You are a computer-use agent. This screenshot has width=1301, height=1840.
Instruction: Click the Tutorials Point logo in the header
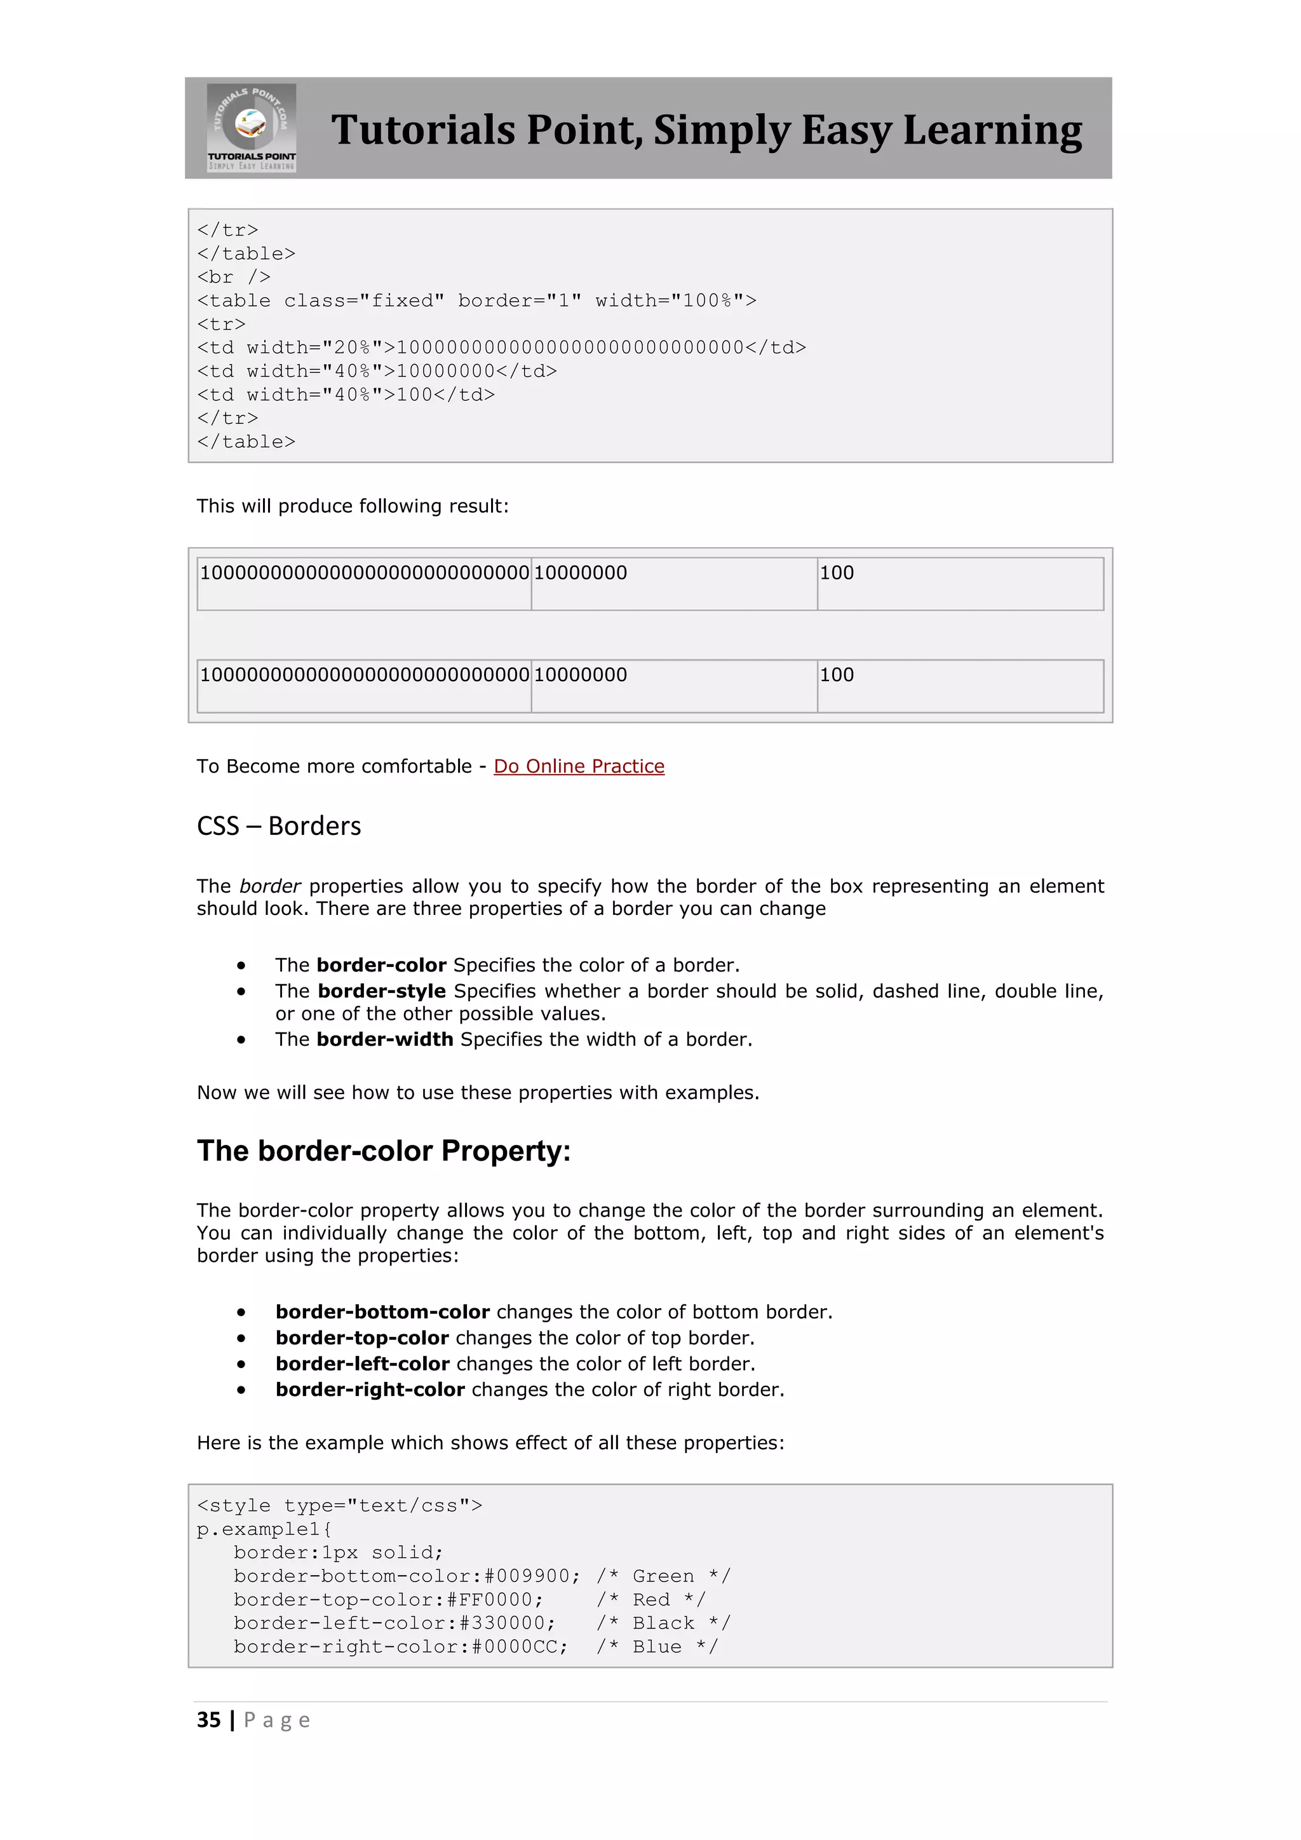pos(252,128)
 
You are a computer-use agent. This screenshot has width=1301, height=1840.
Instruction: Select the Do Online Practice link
pos(579,766)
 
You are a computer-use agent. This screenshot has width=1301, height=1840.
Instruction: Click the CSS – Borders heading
pos(279,825)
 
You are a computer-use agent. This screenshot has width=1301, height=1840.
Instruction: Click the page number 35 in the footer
pos(209,1720)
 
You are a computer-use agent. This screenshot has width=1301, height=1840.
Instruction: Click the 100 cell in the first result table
pos(837,573)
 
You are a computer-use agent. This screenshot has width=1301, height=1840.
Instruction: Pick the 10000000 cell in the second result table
pos(581,675)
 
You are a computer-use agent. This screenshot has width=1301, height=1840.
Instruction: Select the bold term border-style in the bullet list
pos(381,991)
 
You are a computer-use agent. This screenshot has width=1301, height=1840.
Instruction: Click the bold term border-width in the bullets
pos(384,1039)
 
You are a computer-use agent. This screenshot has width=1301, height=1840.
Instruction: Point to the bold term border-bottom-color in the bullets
pos(382,1312)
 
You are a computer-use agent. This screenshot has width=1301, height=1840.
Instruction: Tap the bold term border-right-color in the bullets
pos(370,1390)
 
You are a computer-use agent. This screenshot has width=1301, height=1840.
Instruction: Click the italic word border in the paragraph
pos(270,886)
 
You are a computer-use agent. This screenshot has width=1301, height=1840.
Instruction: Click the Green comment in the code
pos(663,1576)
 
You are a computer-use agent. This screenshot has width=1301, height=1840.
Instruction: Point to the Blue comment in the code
pos(657,1647)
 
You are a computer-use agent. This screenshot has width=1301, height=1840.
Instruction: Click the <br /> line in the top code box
pos(234,277)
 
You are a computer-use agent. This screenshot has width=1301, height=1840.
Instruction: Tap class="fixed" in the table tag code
pos(365,301)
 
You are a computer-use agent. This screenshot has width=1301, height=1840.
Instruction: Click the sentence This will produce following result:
pos(353,506)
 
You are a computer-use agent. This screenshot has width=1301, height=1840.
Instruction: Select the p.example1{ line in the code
pos(264,1529)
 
